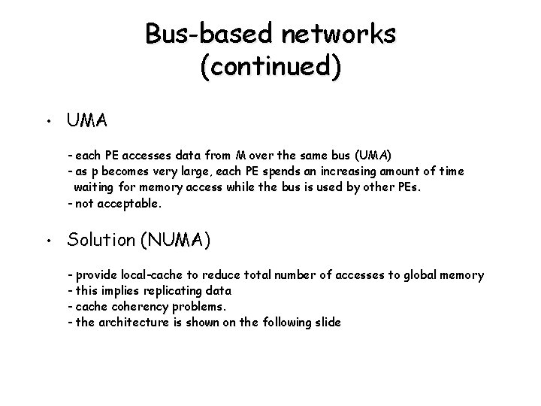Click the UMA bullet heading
pyautogui.click(x=87, y=120)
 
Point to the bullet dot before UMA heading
pyautogui.click(x=47, y=122)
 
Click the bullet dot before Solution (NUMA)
pyautogui.click(x=47, y=242)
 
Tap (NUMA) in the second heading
pyautogui.click(x=176, y=241)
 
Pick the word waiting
pyautogui.click(x=95, y=186)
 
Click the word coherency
pyautogui.click(x=141, y=306)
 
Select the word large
pyautogui.click(x=195, y=171)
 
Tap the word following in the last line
pyautogui.click(x=283, y=322)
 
